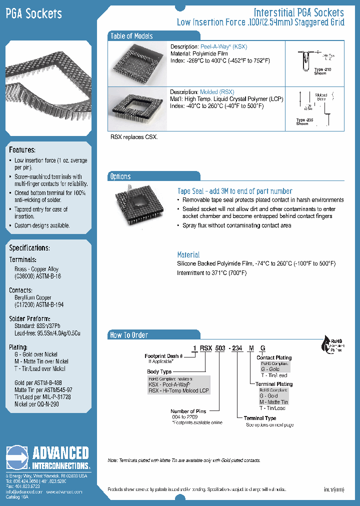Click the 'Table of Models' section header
131,36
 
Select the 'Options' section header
120,176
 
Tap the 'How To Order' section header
129,335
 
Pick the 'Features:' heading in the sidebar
22,150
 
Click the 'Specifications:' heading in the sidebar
29,248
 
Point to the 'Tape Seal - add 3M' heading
234,191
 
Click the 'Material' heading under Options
188,254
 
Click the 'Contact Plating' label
273,358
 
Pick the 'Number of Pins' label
188,411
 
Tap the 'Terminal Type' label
259,418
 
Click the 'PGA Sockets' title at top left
33,13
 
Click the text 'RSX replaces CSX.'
133,137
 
